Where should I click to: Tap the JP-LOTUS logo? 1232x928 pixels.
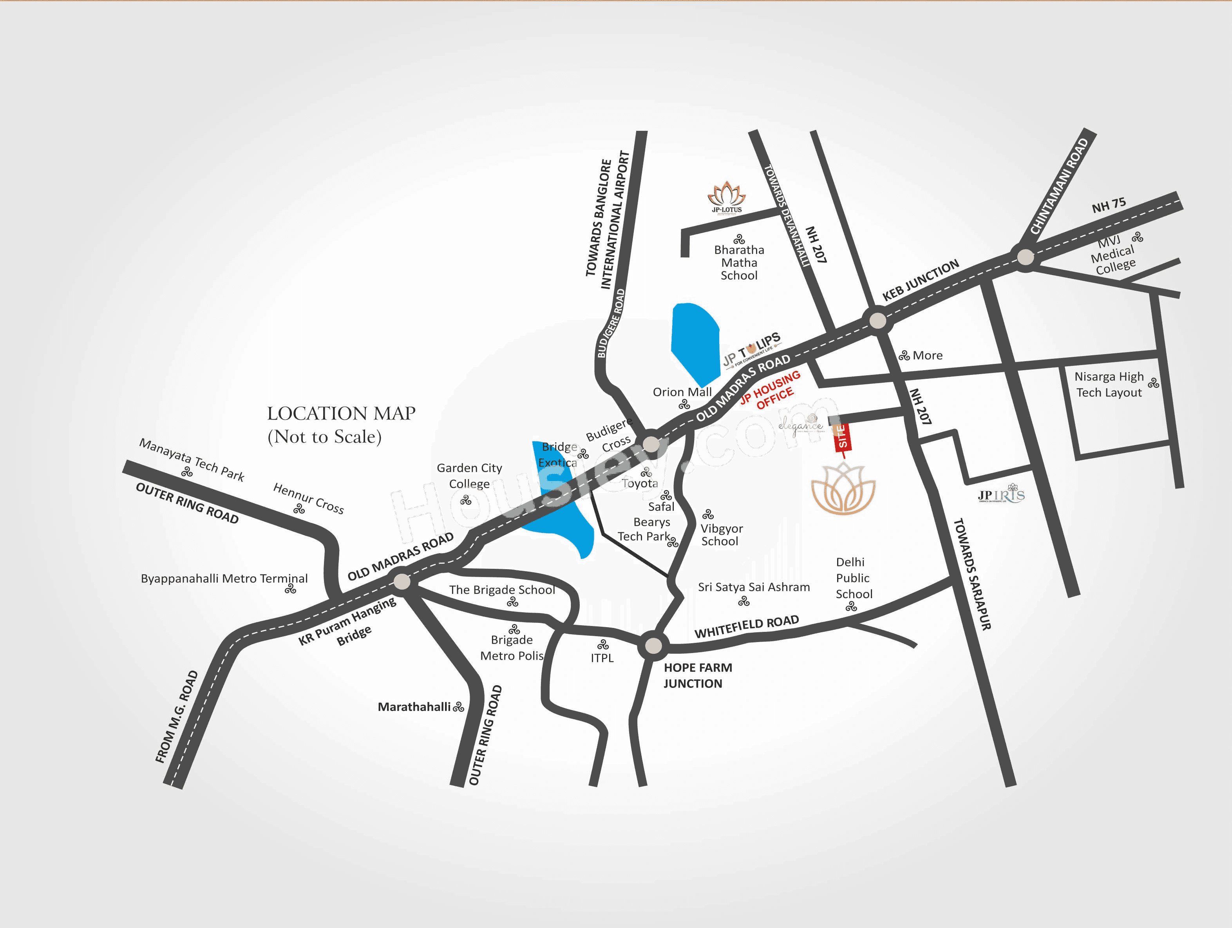tap(726, 197)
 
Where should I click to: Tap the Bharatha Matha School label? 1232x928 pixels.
tap(739, 262)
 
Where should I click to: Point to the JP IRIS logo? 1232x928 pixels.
tap(1001, 495)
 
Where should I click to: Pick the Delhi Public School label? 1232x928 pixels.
tap(853, 578)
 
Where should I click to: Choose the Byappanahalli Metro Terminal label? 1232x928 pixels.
tap(224, 579)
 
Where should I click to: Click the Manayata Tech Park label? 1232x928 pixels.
tap(192, 459)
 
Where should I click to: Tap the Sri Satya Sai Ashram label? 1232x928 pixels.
tap(754, 587)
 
